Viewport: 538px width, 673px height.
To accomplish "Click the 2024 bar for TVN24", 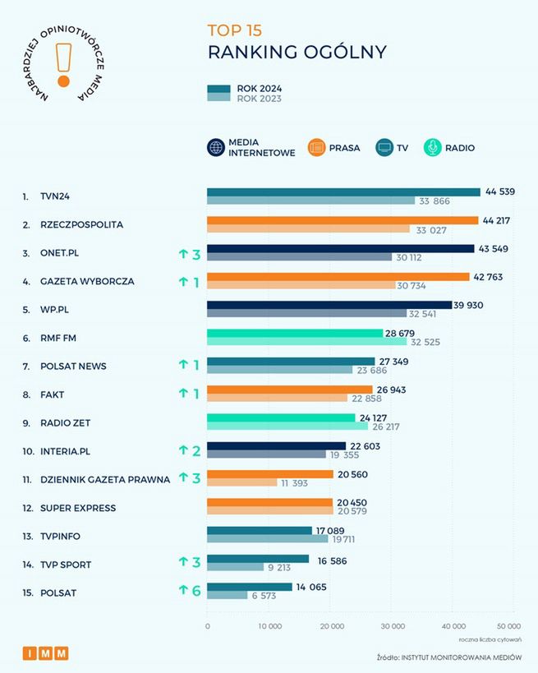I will coord(343,192).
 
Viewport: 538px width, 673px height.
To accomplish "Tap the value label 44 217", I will coord(499,220).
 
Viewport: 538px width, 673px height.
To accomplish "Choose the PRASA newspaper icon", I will coord(318,148).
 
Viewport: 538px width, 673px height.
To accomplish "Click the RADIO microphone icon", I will coord(433,148).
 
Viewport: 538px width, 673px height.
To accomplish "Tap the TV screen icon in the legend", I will coord(384,148).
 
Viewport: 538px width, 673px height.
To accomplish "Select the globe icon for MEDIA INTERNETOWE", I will coord(216,148).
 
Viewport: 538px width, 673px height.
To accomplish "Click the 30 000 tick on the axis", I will coord(392,626).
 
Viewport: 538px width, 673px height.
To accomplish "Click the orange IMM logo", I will coord(45,653).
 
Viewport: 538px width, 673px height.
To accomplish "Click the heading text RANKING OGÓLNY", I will coord(297,53).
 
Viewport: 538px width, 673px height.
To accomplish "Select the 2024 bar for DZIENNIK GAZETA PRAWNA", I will coord(270,474).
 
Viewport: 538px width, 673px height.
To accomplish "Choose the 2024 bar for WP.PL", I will coord(329,305).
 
